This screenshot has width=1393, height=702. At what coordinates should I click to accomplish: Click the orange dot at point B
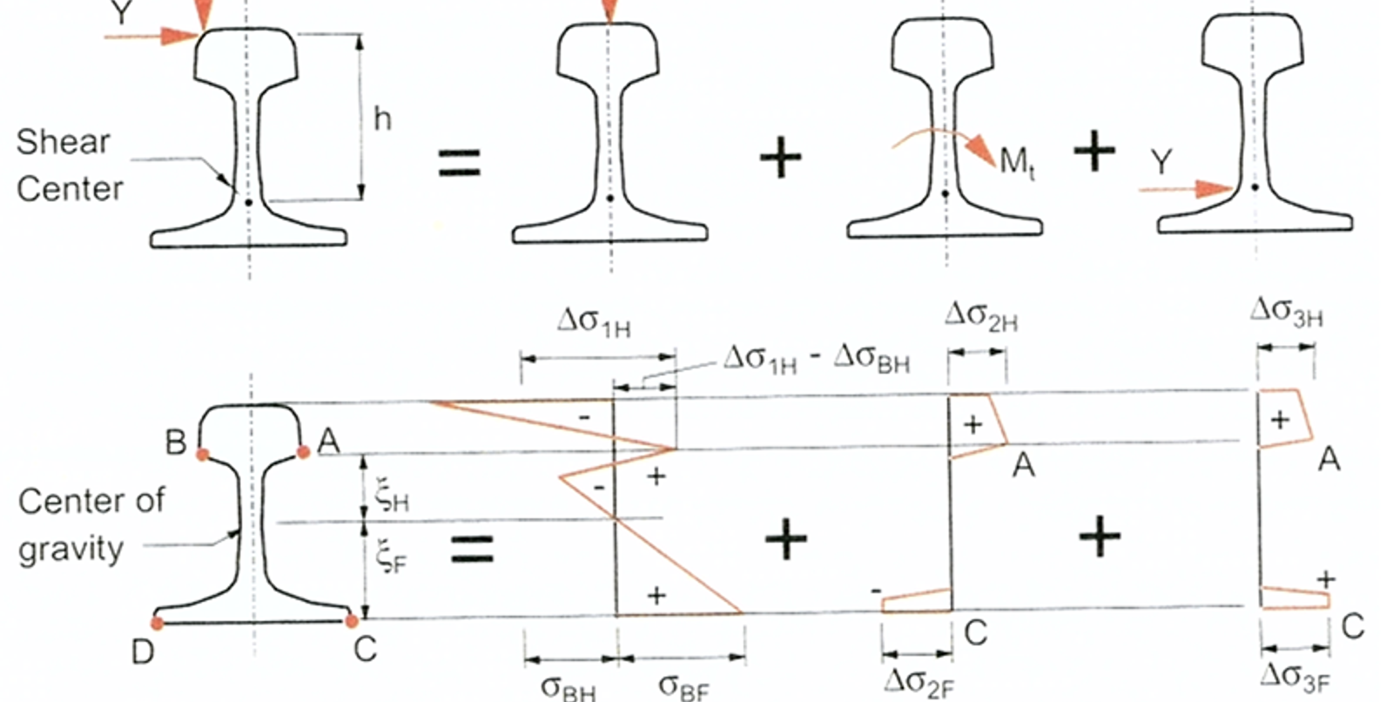203,455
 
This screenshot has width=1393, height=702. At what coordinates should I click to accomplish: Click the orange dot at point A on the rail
304,452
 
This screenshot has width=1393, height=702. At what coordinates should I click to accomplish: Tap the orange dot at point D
158,623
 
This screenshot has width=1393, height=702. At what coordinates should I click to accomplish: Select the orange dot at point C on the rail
352,621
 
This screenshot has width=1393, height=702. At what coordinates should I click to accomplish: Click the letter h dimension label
382,118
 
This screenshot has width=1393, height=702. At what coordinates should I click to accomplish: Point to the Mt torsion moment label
1018,163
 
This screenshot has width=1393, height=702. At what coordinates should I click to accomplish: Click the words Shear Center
69,165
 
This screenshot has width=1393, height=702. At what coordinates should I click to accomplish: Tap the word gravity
71,550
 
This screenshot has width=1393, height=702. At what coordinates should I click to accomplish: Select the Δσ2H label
981,315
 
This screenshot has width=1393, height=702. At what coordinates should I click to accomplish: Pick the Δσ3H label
1286,312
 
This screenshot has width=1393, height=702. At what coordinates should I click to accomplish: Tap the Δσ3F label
1295,678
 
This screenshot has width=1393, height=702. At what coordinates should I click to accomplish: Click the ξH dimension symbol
391,497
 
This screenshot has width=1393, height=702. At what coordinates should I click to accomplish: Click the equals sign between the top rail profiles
460,163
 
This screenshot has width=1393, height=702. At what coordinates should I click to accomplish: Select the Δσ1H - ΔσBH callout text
817,361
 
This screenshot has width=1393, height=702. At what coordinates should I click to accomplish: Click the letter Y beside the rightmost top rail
1161,162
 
